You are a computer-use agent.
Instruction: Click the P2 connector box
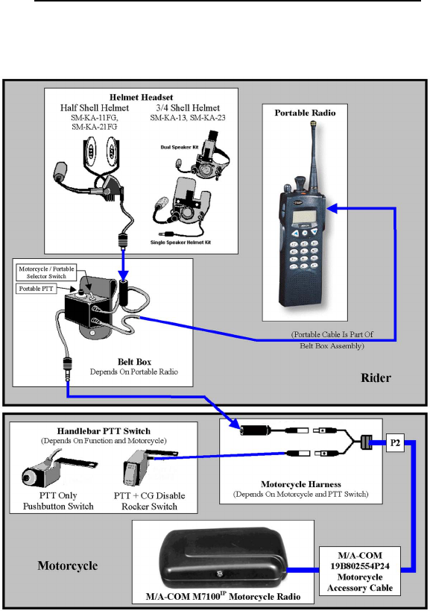pyautogui.click(x=395, y=443)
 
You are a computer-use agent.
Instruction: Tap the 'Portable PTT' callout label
pyautogui.click(x=37, y=289)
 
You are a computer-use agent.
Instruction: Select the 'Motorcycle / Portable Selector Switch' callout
pyautogui.click(x=46, y=272)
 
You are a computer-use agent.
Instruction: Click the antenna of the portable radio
pyautogui.click(x=314, y=156)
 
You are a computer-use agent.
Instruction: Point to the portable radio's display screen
pyautogui.click(x=305, y=217)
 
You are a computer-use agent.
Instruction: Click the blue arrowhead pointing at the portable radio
pyautogui.click(x=332, y=208)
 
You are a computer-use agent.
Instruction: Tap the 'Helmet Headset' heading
pyautogui.click(x=141, y=97)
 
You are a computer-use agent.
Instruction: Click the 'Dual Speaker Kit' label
pyautogui.click(x=180, y=147)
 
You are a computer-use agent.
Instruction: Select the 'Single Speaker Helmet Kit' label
pyautogui.click(x=180, y=242)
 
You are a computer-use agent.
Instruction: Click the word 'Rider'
pyautogui.click(x=376, y=377)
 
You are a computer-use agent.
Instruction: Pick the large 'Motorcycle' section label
pyautogui.click(x=68, y=565)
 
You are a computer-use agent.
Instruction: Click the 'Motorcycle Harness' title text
pyautogui.click(x=301, y=484)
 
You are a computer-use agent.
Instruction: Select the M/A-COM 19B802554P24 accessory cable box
pyautogui.click(x=360, y=571)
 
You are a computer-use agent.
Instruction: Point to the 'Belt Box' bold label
pyautogui.click(x=135, y=362)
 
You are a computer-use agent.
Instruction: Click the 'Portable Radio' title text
pyautogui.click(x=305, y=113)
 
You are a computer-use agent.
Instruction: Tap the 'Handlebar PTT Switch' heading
pyautogui.click(x=104, y=431)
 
